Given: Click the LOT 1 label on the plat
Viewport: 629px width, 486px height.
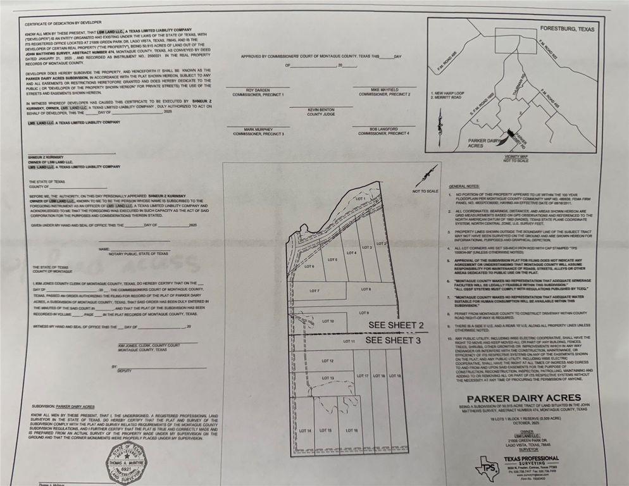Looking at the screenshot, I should coord(361,199).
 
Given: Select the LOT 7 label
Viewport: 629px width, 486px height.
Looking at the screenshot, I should coord(314,290).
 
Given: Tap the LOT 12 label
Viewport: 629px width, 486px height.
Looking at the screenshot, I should coord(327,361).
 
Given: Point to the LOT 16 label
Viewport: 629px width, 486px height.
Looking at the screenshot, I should coord(352,430).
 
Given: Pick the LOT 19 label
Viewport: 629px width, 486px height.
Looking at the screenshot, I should coord(394,376).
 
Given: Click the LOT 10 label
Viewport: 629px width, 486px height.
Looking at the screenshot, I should coord(328,321).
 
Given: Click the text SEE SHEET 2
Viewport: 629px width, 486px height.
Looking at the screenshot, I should coord(396,325).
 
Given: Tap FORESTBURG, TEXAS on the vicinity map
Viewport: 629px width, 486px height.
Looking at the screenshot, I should coord(568,29).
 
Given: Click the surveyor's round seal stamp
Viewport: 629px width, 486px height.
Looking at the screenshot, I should coord(125,463).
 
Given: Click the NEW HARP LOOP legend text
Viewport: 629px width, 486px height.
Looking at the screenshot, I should coord(450,92).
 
